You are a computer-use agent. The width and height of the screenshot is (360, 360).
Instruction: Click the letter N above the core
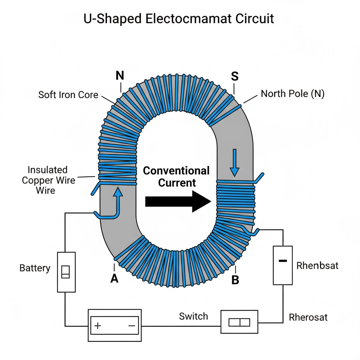pyautogui.click(x=120, y=75)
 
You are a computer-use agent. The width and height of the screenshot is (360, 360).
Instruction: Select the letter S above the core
pyautogui.click(x=234, y=76)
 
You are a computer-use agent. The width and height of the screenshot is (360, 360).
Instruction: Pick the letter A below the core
pyautogui.click(x=114, y=278)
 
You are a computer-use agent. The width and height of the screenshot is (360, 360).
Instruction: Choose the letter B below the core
pyautogui.click(x=235, y=280)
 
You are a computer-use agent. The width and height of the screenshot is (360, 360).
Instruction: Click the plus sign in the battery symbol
pyautogui.click(x=98, y=326)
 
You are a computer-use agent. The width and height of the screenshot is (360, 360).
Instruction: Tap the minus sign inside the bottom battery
pyautogui.click(x=132, y=326)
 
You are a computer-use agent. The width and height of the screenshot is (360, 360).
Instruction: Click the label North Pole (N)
pyautogui.click(x=292, y=94)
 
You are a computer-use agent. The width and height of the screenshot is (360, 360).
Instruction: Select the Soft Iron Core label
pyautogui.click(x=68, y=95)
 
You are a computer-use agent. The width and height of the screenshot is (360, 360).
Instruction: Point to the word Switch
pyautogui.click(x=193, y=316)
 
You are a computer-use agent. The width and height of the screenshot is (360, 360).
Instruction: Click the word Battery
pyautogui.click(x=35, y=268)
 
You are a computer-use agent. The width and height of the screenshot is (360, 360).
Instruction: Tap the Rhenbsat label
pyautogui.click(x=317, y=265)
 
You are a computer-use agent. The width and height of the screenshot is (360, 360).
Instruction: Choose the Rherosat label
pyautogui.click(x=308, y=317)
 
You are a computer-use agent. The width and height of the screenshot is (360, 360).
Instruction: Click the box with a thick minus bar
pyautogui.click(x=283, y=265)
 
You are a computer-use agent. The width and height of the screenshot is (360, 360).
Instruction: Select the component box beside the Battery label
pyautogui.click(x=66, y=272)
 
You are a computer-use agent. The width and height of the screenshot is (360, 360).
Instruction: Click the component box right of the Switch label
pyautogui.click(x=239, y=322)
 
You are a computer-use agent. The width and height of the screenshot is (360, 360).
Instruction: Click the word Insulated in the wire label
pyautogui.click(x=47, y=170)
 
